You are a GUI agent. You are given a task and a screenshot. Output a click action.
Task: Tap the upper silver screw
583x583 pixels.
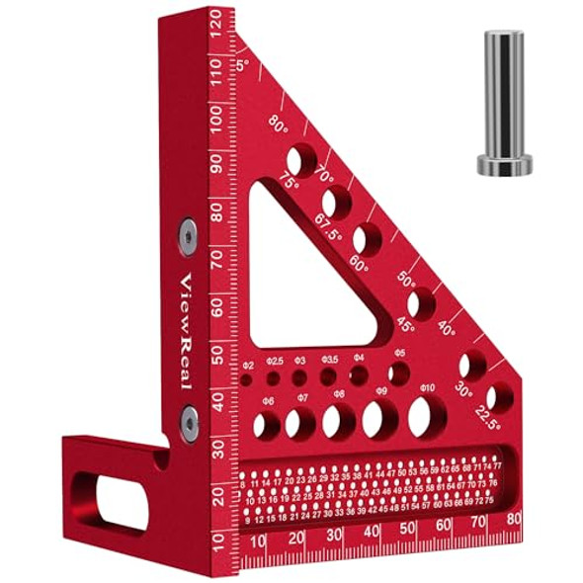click(188, 234)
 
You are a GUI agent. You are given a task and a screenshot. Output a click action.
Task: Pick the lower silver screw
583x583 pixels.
click(188, 421)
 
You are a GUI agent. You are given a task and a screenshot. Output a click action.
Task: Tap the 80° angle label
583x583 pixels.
click(278, 126)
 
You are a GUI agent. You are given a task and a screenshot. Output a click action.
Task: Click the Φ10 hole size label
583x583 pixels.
click(427, 388)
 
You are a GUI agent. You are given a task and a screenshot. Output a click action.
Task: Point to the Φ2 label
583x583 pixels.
click(248, 365)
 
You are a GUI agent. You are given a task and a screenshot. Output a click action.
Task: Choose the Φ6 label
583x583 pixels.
click(267, 400)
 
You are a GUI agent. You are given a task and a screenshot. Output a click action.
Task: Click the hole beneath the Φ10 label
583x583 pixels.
click(419, 418)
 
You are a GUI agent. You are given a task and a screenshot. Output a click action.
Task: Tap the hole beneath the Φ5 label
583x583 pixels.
click(399, 374)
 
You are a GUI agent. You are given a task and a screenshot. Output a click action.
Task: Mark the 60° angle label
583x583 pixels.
click(357, 267)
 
